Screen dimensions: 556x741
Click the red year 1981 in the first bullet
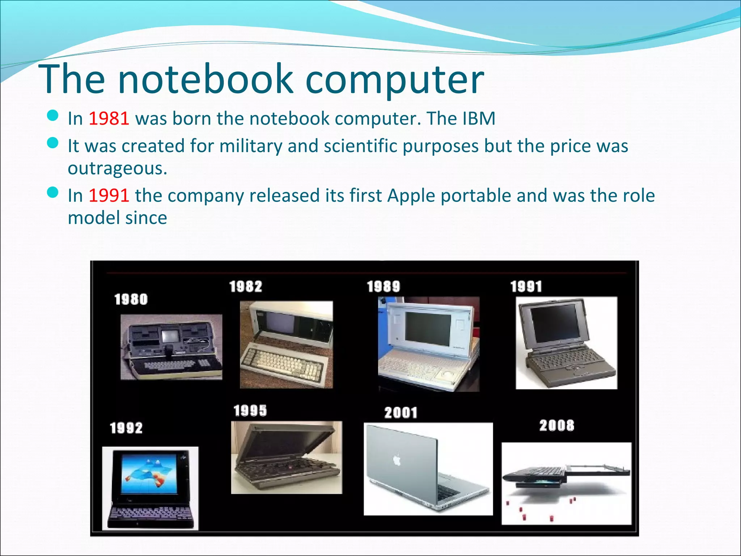point(109,118)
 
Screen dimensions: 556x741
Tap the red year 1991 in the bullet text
point(109,195)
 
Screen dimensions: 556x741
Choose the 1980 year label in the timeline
point(131,299)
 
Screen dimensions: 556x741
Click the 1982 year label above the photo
point(246,287)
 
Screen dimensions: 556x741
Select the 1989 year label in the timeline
point(384,287)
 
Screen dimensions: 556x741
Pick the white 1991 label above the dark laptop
point(526,287)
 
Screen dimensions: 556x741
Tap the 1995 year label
point(250,410)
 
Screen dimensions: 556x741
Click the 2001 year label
point(401,413)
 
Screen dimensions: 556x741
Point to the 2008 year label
point(557,425)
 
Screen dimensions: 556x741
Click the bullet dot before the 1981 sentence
point(53,116)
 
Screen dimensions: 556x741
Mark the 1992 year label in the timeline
point(126,428)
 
